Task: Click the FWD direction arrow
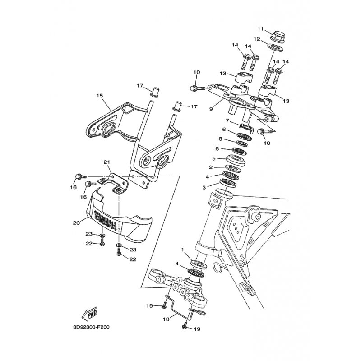[x=90, y=314]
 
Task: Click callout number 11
[x=260, y=29]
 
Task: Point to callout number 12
[x=257, y=39]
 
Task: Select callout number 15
[x=100, y=96]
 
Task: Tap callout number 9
[x=211, y=109]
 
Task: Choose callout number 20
[x=76, y=222]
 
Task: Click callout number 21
[x=106, y=162]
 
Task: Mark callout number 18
[x=166, y=319]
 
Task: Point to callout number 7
[x=227, y=120]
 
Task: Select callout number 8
[x=220, y=139]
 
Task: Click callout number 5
[x=214, y=159]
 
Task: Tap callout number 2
[x=211, y=167]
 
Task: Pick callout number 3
[x=204, y=188]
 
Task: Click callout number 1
[x=183, y=250]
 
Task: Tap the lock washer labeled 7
[x=246, y=128]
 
